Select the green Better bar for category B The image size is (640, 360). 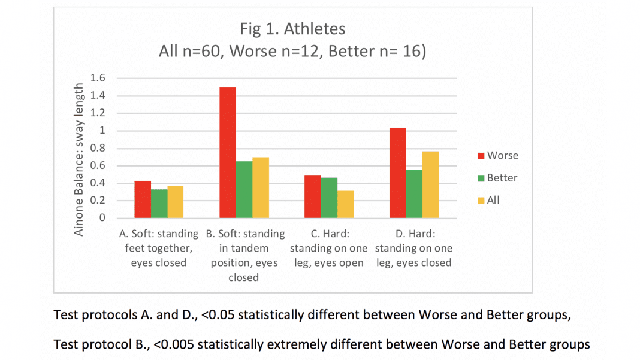pos(244,189)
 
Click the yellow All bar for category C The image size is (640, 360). pos(346,204)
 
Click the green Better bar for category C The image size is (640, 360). pos(329,198)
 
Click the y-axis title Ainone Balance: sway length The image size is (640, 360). pos(79,159)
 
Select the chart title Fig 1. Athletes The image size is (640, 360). pos(292,29)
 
